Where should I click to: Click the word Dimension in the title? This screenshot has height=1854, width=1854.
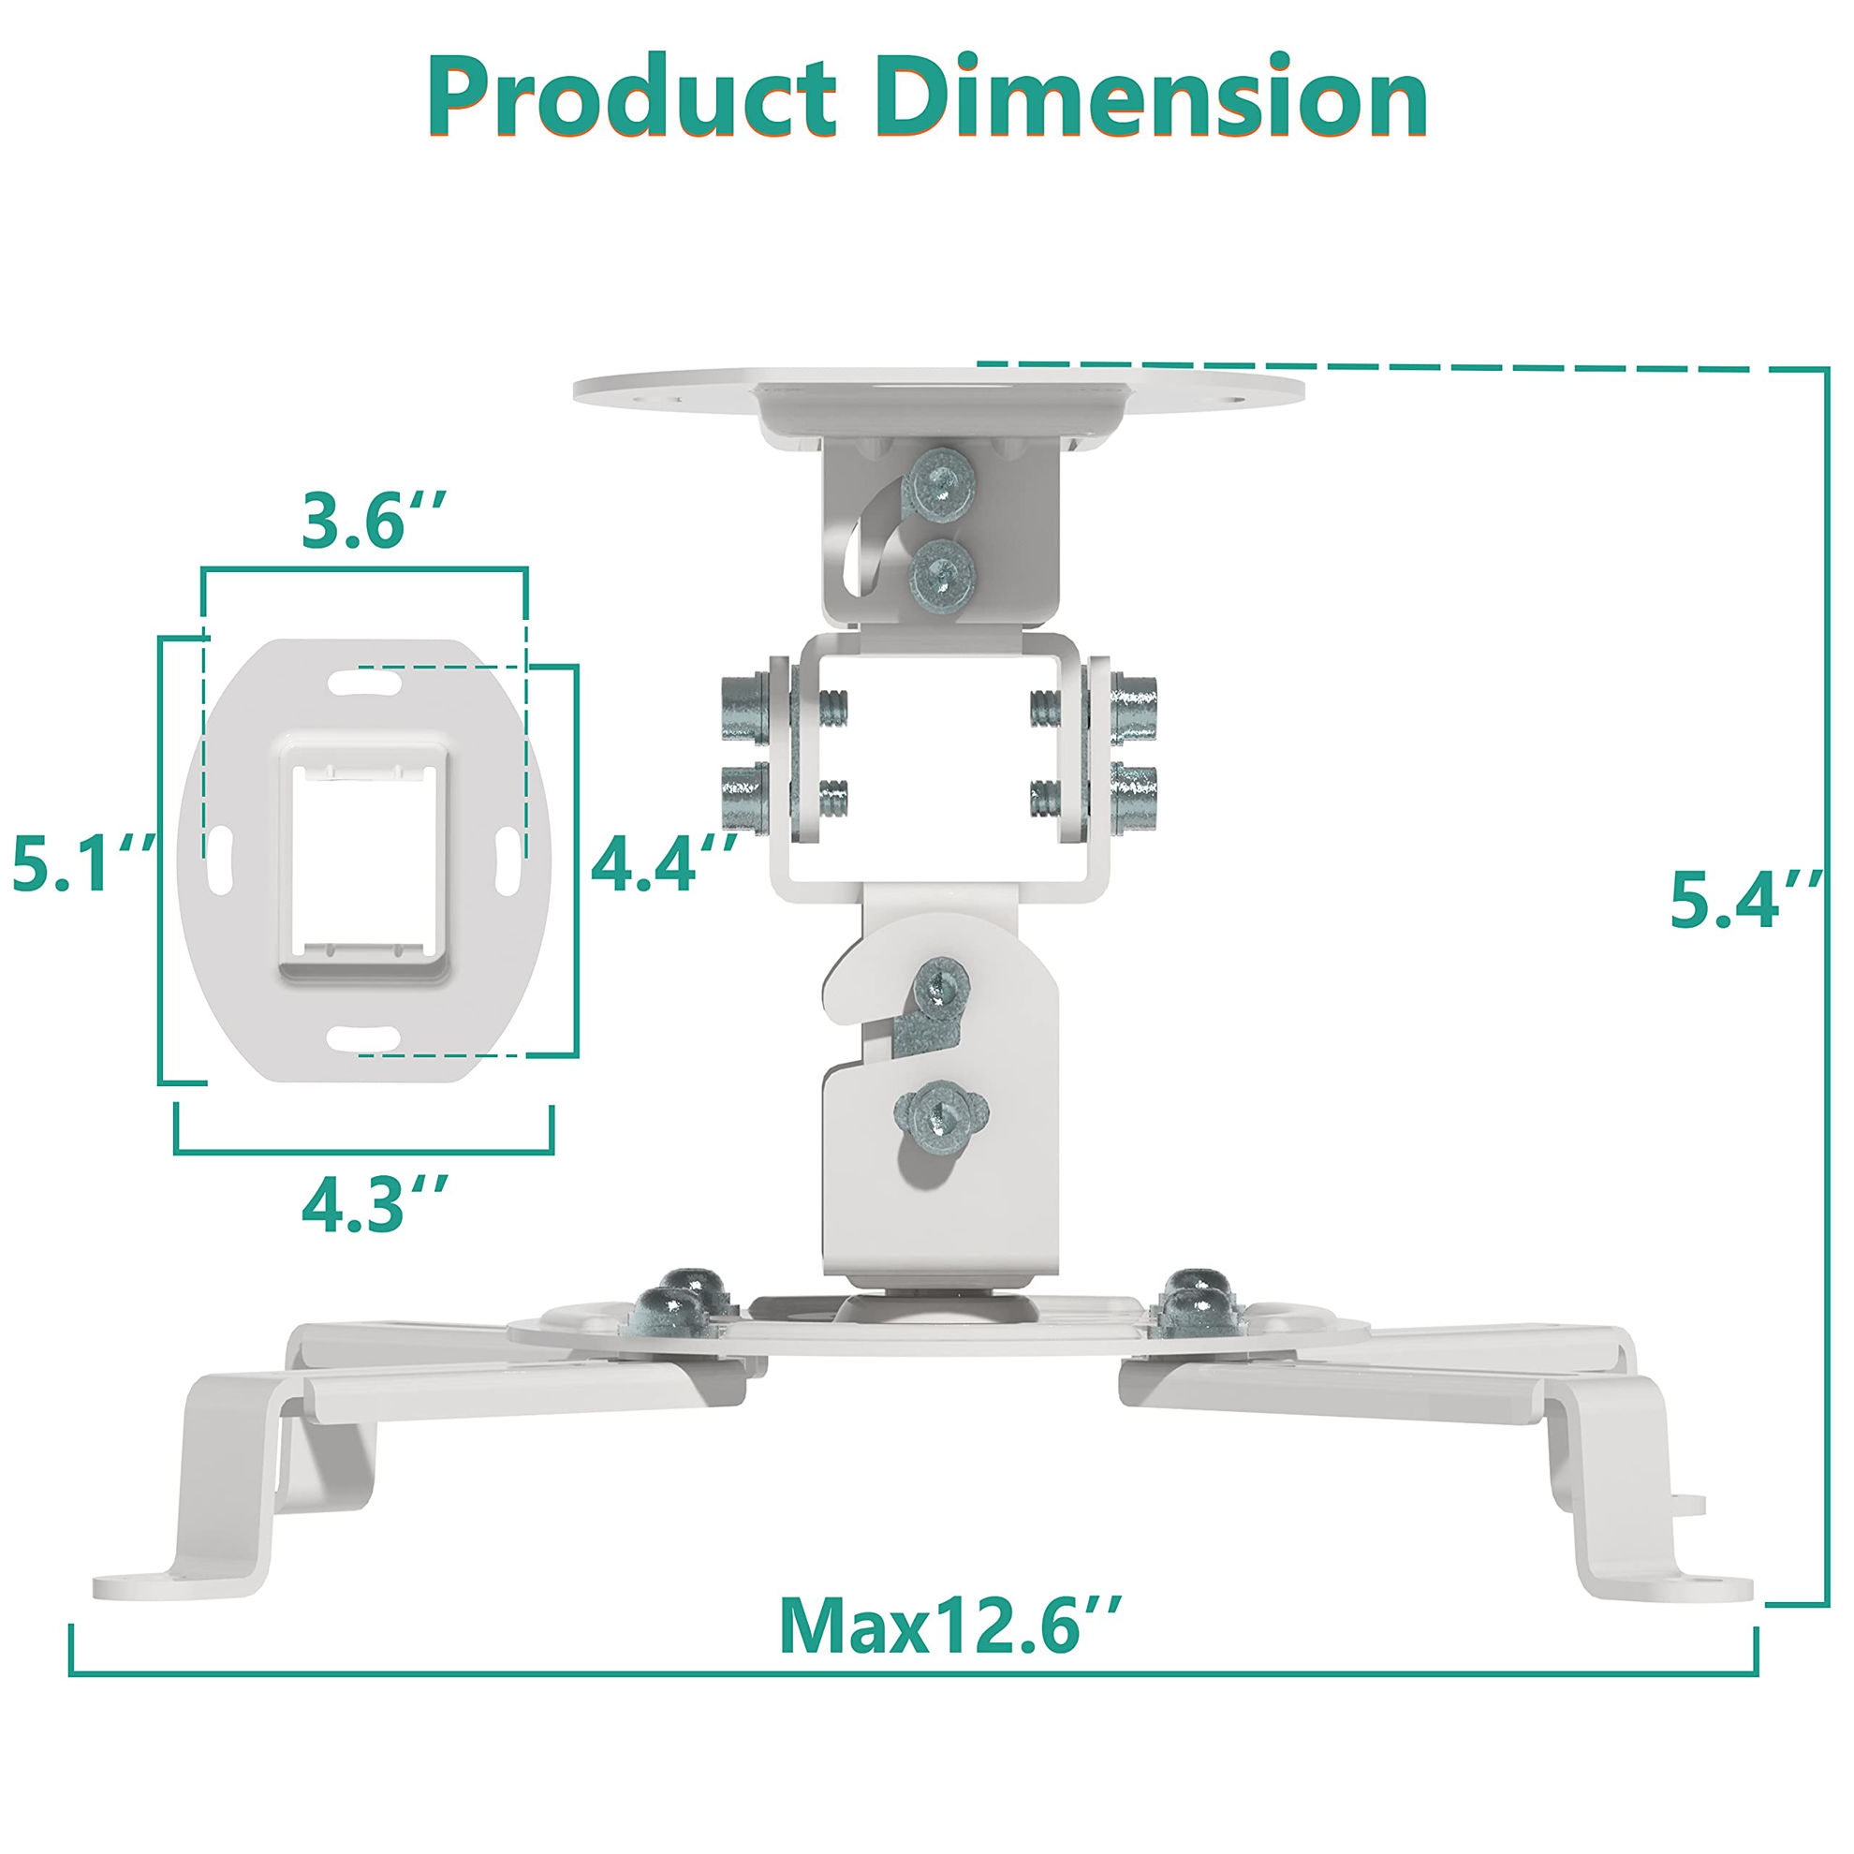(1150, 101)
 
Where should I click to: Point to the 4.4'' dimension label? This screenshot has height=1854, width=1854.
(663, 861)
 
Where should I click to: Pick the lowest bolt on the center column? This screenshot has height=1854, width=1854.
(939, 1116)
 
